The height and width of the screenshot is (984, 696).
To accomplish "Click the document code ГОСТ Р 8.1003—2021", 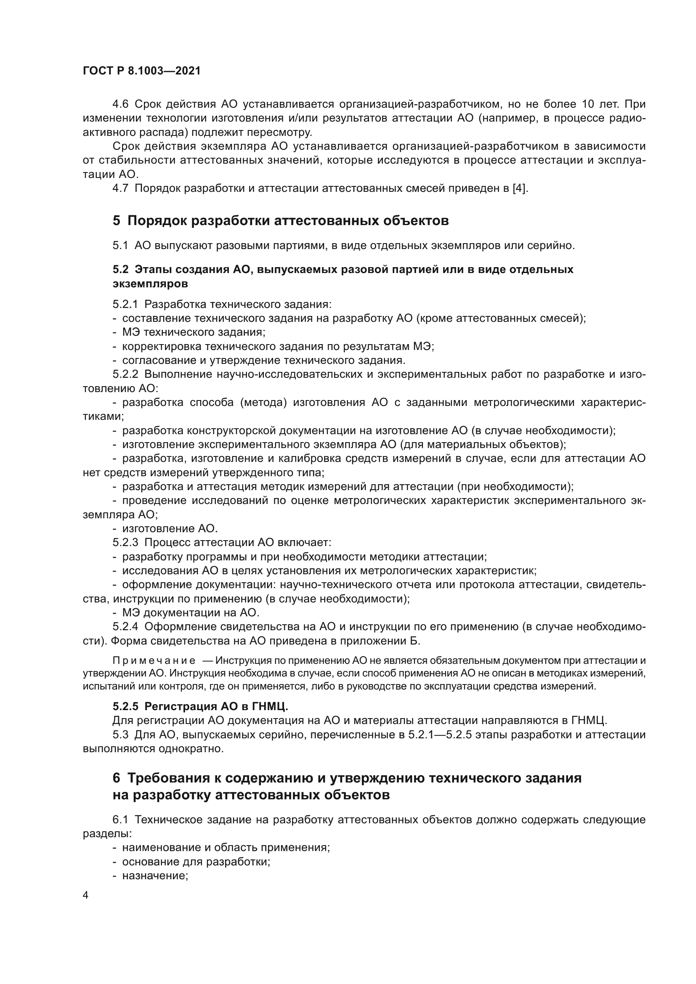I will [142, 71].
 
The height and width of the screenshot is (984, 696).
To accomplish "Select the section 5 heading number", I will [117, 221].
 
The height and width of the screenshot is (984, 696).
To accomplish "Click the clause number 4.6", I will [120, 104].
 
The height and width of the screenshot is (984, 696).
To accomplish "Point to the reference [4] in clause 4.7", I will [520, 188].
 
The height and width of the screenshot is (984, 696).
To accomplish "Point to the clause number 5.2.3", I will [125, 543].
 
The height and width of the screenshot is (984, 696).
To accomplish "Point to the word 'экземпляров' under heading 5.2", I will [150, 284].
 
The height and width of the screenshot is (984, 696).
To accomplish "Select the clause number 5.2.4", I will [125, 626].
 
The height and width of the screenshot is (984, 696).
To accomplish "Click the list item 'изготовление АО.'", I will [170, 528].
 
